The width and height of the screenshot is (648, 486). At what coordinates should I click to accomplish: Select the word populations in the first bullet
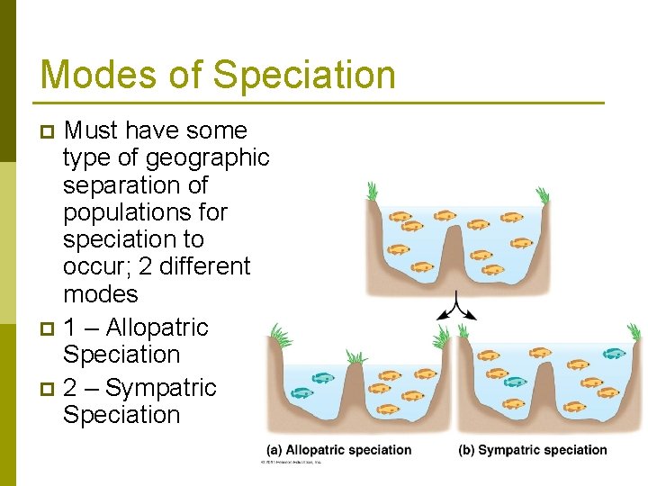[145, 212]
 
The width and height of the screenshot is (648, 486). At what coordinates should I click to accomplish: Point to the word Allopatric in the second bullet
[157, 328]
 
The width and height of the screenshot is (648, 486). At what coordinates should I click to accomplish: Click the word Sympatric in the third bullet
[161, 388]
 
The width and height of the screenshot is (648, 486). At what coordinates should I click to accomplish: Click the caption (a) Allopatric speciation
[339, 450]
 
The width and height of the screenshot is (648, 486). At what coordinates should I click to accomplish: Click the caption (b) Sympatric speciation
[533, 450]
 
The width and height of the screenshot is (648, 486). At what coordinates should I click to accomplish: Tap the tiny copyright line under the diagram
[290, 463]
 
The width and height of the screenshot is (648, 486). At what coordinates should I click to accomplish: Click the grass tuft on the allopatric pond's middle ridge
[356, 357]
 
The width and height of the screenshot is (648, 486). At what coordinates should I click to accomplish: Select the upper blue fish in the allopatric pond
[320, 378]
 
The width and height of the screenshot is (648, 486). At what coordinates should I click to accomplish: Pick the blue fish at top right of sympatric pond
[614, 354]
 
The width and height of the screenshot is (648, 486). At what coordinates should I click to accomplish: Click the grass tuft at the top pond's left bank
[372, 192]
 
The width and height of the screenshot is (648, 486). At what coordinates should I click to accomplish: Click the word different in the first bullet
[205, 266]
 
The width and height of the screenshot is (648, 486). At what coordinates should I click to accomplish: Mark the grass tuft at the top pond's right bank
[542, 194]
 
